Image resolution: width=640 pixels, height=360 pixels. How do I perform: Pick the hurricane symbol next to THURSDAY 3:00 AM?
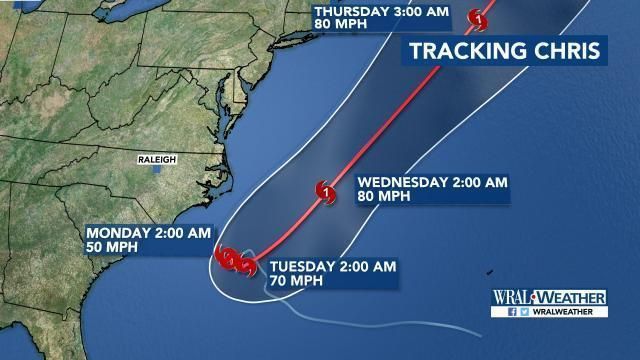pyautogui.click(x=481, y=18)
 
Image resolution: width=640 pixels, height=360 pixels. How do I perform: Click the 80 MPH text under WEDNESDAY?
pyautogui.click(x=380, y=197)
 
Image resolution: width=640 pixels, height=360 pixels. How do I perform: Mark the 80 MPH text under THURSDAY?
pyautogui.click(x=337, y=27)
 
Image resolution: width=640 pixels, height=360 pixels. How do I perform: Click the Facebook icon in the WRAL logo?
pyautogui.click(x=510, y=312)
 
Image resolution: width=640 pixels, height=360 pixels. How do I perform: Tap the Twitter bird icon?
pyautogui.click(x=522, y=312)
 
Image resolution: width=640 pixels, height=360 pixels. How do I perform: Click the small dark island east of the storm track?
pyautogui.click(x=490, y=268)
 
